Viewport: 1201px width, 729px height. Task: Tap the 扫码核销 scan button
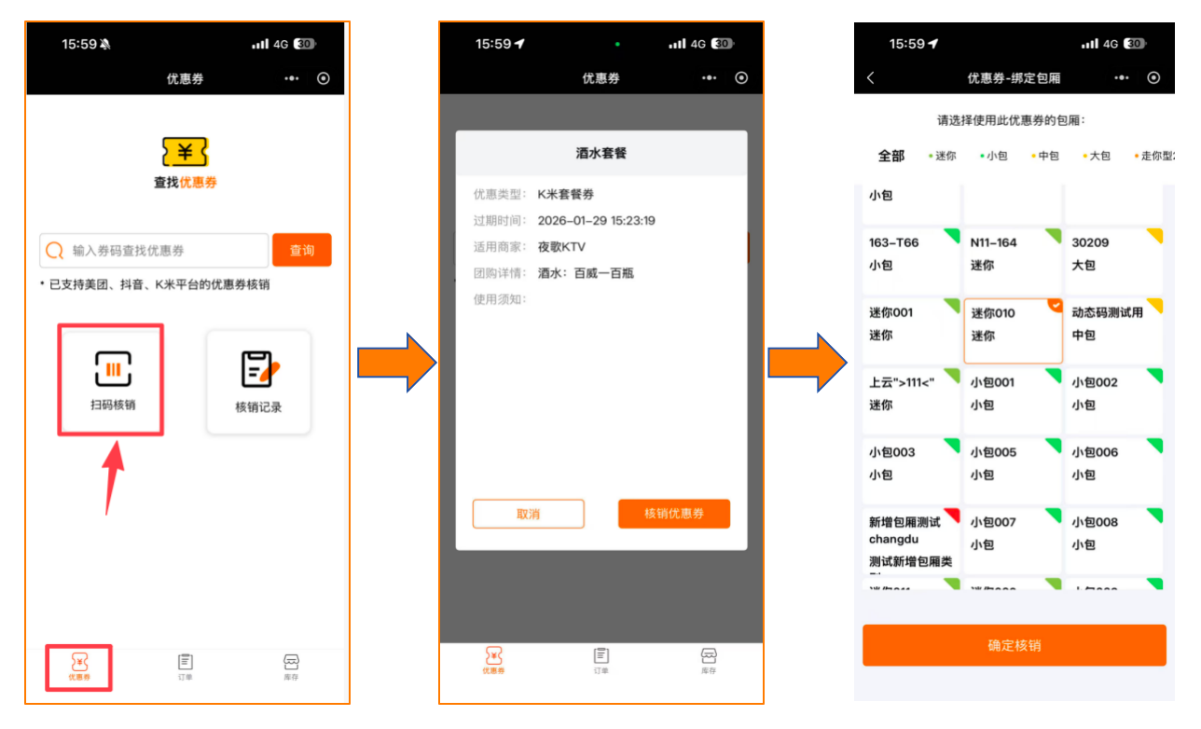[x=112, y=379]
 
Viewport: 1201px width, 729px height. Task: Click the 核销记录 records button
[x=258, y=381]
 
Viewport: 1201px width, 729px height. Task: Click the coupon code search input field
[x=155, y=251]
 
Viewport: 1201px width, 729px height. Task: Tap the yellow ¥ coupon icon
[x=185, y=151]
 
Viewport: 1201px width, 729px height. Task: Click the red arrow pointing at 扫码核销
[x=113, y=476]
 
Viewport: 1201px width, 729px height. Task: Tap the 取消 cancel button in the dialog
[x=528, y=514]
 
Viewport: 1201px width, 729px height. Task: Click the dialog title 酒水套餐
[x=600, y=152]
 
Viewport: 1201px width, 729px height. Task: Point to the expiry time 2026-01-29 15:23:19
[x=596, y=221]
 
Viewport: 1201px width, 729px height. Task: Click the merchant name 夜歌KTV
[x=561, y=247]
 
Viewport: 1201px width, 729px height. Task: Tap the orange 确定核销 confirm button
[x=1014, y=645]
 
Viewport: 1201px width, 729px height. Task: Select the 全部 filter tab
[x=891, y=156]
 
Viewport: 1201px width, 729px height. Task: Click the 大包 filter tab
[x=1098, y=156]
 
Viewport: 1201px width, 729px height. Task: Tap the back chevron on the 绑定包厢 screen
[x=871, y=78]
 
